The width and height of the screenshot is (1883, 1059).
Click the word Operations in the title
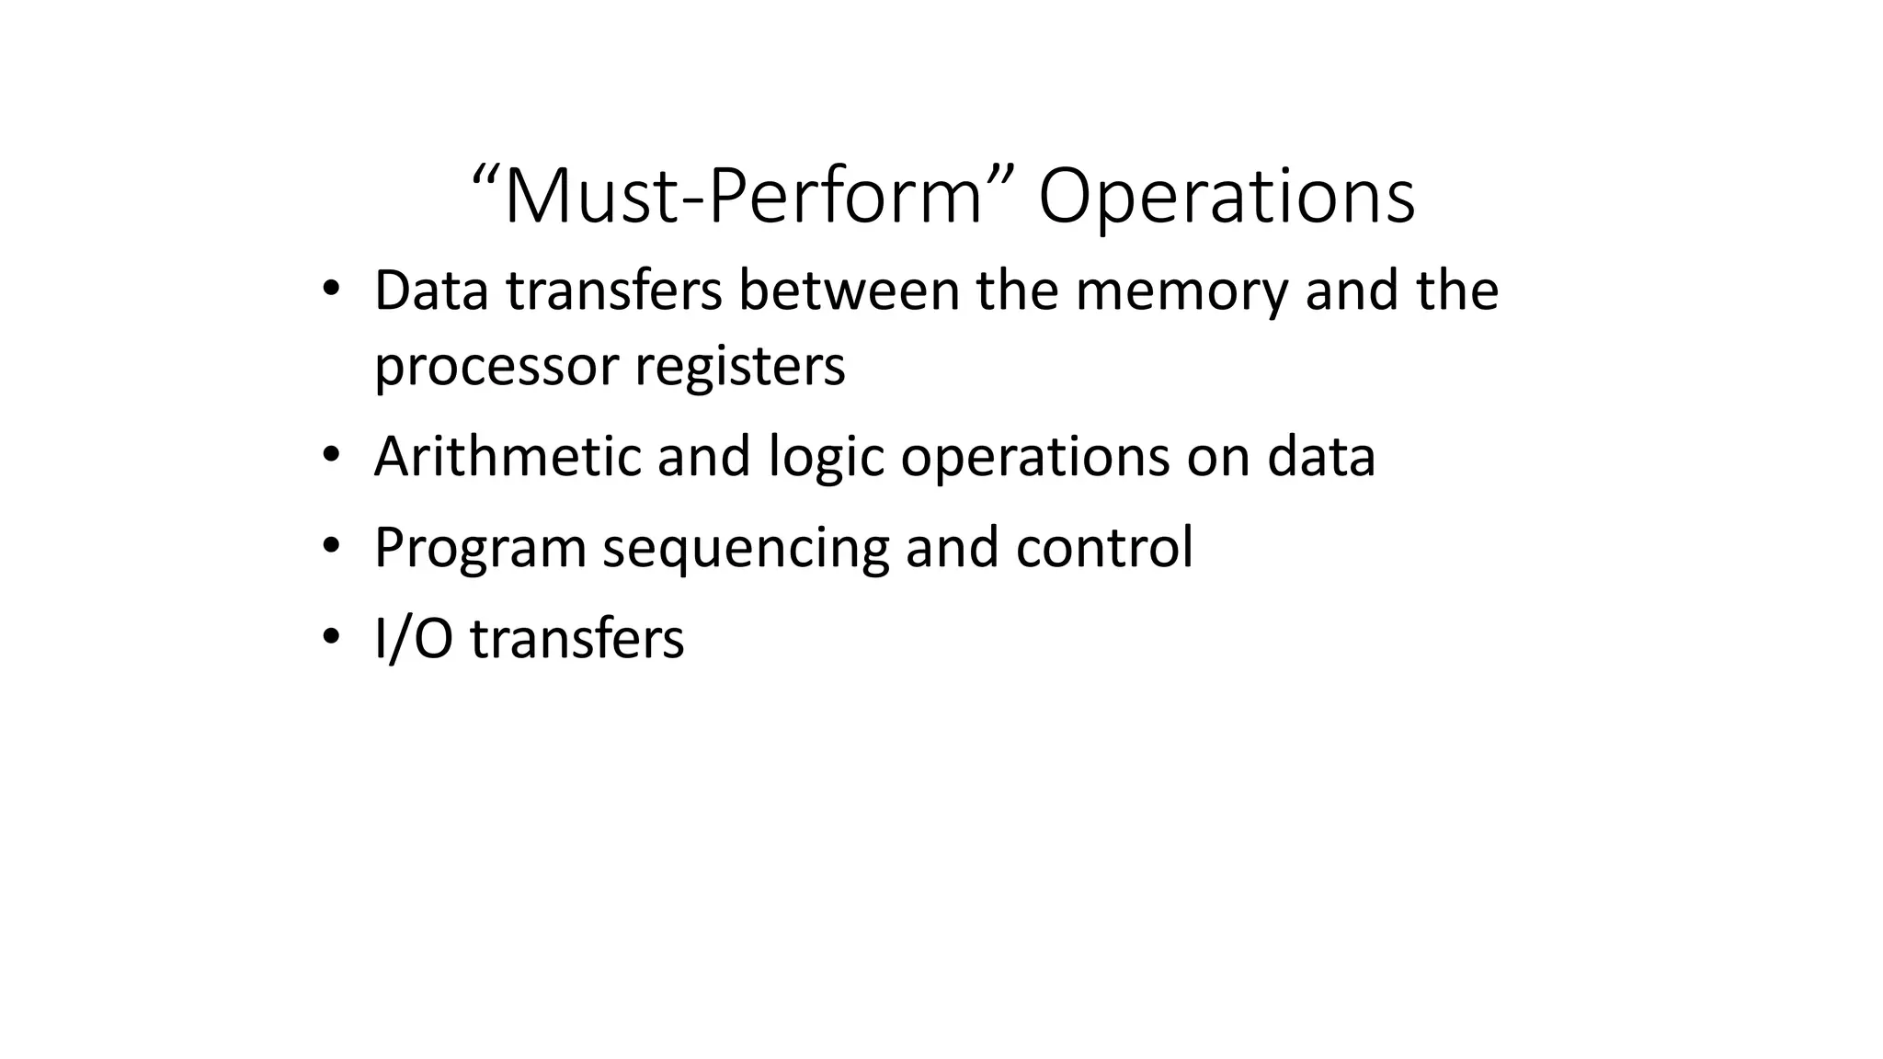click(x=1227, y=197)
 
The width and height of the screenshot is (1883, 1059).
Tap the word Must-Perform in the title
click(x=743, y=197)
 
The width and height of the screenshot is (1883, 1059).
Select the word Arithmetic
click(x=508, y=456)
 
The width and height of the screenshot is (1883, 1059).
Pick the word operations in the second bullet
click(x=1034, y=458)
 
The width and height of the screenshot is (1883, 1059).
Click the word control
click(x=1103, y=547)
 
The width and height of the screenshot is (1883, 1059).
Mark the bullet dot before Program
click(x=331, y=545)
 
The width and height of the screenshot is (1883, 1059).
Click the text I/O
click(x=414, y=639)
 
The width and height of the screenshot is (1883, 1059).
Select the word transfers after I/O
click(x=576, y=639)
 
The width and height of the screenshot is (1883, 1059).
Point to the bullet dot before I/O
click(x=331, y=636)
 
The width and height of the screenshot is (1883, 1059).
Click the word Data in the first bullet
click(x=431, y=290)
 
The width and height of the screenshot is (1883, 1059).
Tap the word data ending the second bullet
click(x=1320, y=456)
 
